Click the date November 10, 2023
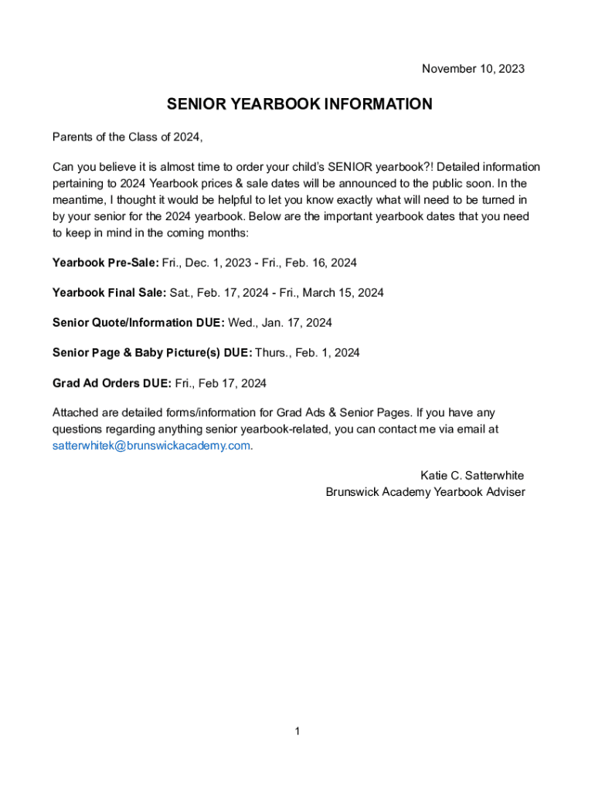(473, 69)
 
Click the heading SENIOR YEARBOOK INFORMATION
(300, 104)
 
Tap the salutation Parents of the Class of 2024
(127, 137)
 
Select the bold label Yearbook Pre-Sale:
(105, 263)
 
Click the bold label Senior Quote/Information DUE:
(138, 323)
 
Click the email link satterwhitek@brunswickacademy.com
(151, 446)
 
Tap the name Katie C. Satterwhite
(472, 475)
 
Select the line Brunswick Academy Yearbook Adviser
(425, 491)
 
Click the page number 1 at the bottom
(297, 731)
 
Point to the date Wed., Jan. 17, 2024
(280, 323)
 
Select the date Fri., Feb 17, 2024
(221, 383)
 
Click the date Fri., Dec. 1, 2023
(203, 263)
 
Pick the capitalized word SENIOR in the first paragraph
(350, 167)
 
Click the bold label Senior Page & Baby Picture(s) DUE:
(152, 353)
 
